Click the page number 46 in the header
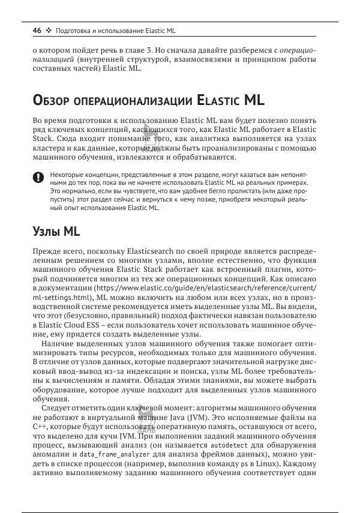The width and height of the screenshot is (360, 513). [36, 30]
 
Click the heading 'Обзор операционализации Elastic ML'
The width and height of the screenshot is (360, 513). [148, 100]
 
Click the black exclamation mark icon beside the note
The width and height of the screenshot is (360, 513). [38, 176]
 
